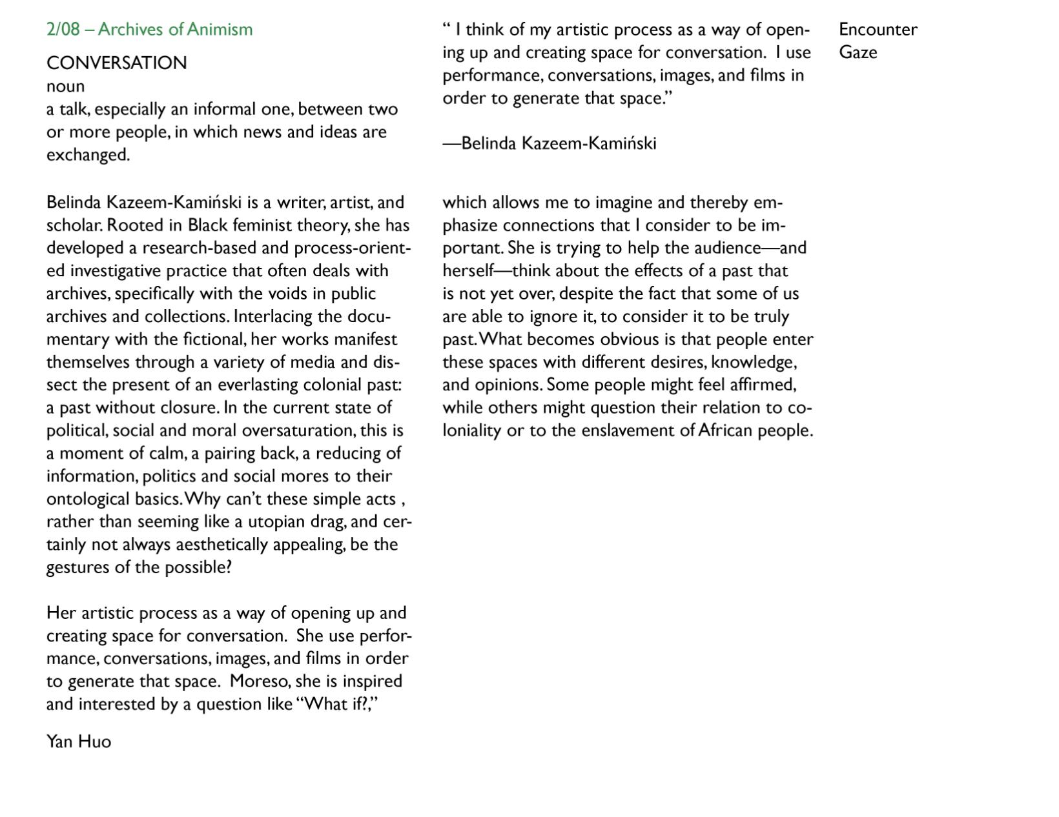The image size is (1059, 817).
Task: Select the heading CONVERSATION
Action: [117, 63]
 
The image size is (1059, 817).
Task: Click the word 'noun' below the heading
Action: [65, 86]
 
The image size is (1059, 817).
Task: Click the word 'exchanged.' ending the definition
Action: [88, 155]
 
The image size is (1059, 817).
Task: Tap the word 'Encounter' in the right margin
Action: [878, 30]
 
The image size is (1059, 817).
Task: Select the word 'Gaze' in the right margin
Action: [858, 52]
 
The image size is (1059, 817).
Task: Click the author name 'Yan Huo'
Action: [79, 741]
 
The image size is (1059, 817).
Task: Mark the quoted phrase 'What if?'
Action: [334, 704]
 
